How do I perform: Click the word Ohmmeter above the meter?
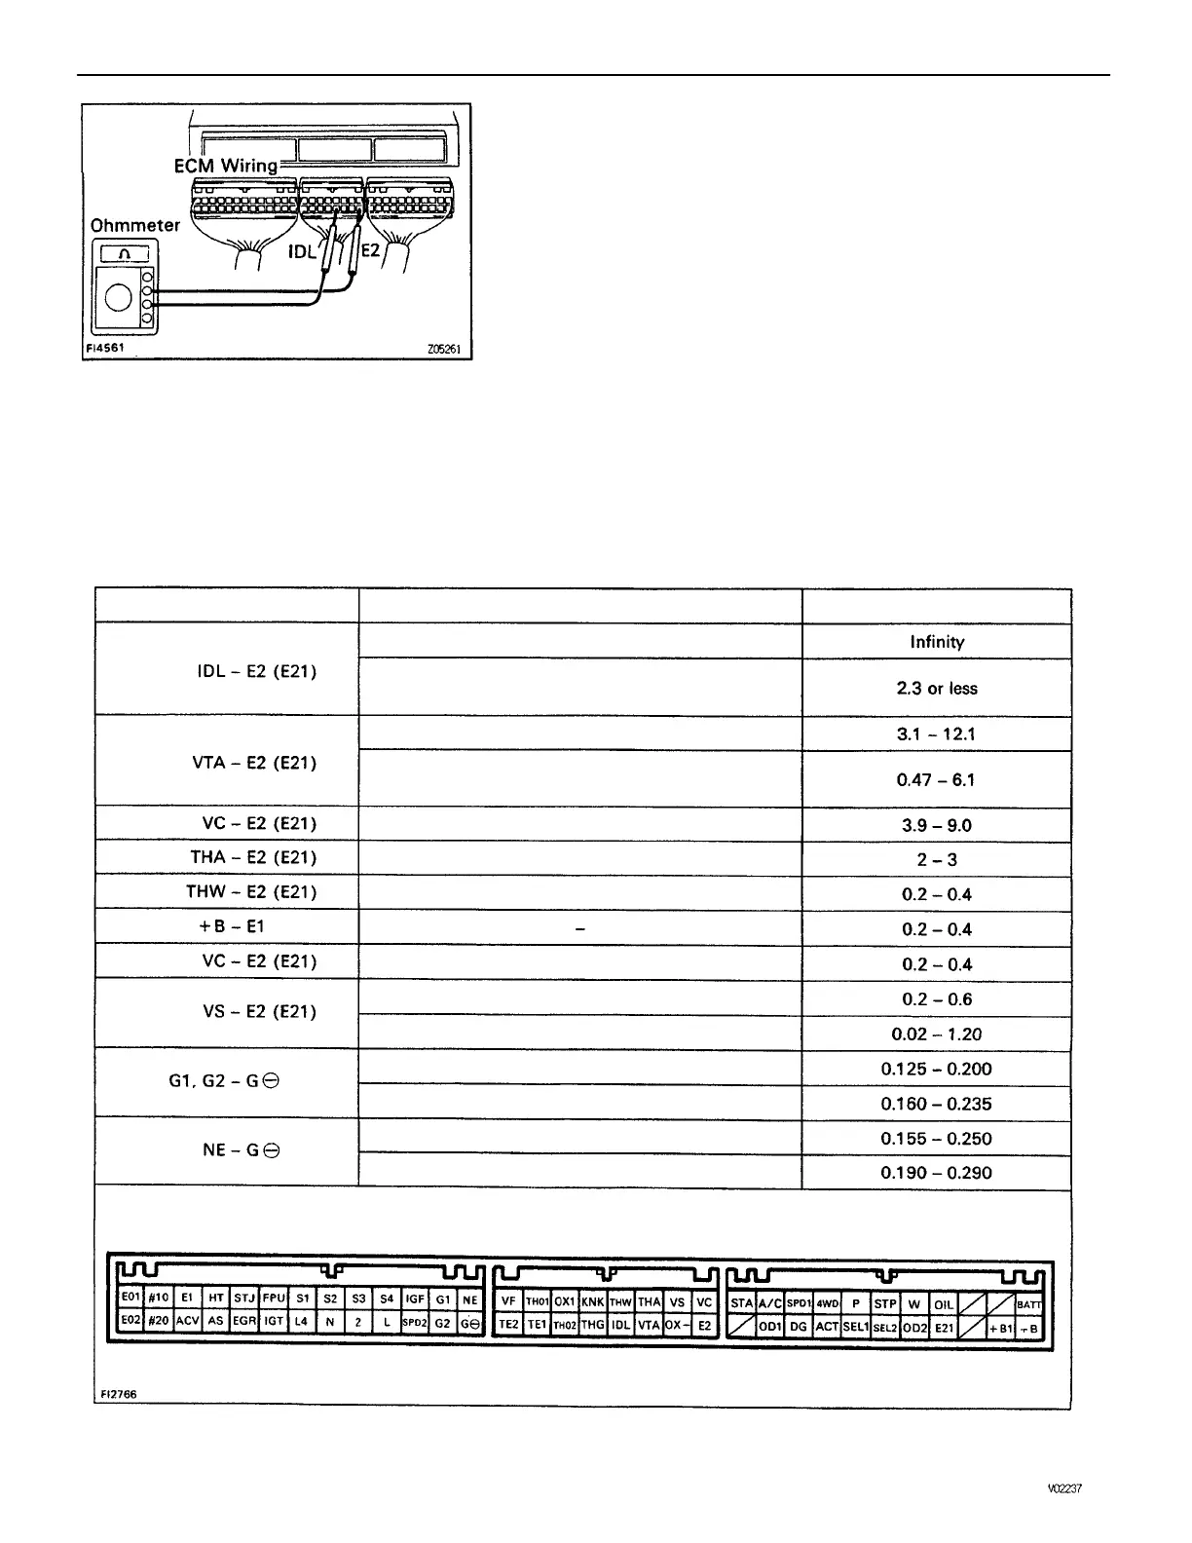(x=134, y=225)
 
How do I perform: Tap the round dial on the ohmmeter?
(x=118, y=296)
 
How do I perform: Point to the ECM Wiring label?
(x=225, y=166)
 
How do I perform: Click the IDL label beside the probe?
(x=302, y=251)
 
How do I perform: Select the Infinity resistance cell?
(x=936, y=642)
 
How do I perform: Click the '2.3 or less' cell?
(x=936, y=688)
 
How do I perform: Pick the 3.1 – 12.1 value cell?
(x=936, y=734)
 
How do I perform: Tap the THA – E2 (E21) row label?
(x=253, y=857)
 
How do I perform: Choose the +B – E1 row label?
(x=231, y=926)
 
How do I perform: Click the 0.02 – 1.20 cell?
(x=936, y=1035)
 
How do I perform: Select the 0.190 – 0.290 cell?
(x=936, y=1173)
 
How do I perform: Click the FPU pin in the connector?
(x=274, y=1298)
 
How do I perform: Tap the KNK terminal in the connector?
(x=592, y=1301)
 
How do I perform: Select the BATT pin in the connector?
(x=1028, y=1304)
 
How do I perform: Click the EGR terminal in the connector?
(x=244, y=1322)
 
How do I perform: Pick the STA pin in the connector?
(x=741, y=1303)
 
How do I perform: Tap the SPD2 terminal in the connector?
(x=415, y=1323)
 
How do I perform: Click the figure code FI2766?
(x=119, y=1394)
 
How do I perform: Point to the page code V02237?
(x=1064, y=1489)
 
